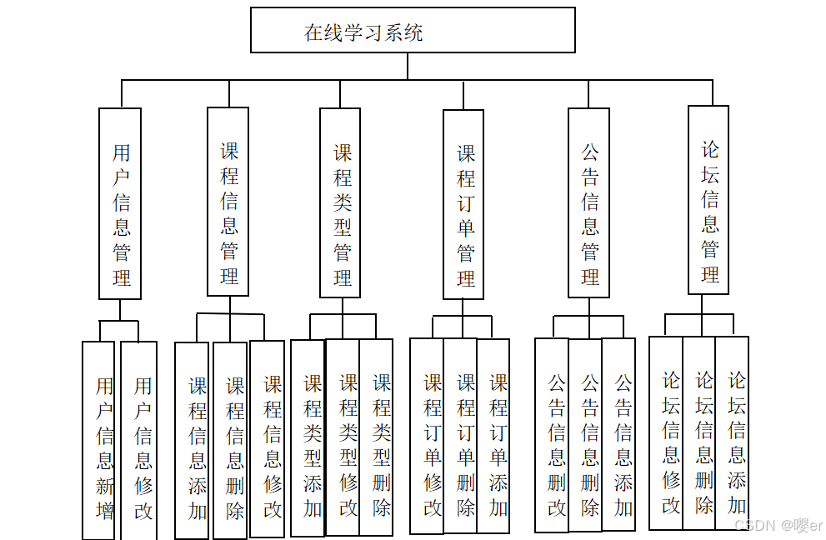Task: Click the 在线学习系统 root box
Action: click(x=413, y=31)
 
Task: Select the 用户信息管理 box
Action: click(x=120, y=203)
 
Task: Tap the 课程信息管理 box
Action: click(x=228, y=202)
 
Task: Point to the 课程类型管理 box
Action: click(x=340, y=203)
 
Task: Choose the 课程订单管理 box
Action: click(x=463, y=204)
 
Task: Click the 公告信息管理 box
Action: click(x=588, y=203)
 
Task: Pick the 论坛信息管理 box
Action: click(x=708, y=200)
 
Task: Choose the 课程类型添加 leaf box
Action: click(x=308, y=437)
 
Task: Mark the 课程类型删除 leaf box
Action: click(x=377, y=437)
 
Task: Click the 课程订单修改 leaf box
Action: click(x=427, y=437)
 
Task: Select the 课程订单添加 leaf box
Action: click(x=493, y=437)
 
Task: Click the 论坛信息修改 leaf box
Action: click(x=666, y=433)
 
